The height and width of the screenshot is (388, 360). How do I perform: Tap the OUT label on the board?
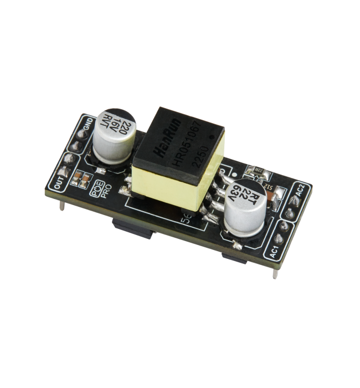tap(61, 181)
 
